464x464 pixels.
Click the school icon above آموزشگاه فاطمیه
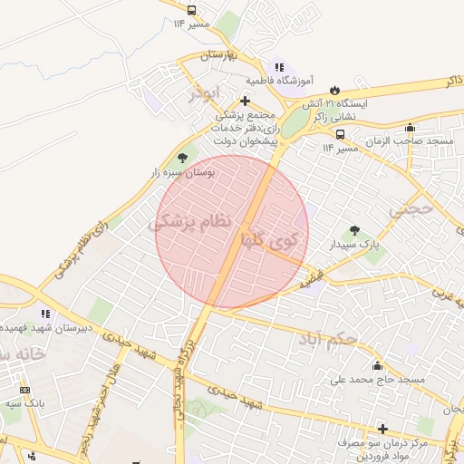(x=279, y=66)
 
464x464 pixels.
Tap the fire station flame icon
(x=336, y=90)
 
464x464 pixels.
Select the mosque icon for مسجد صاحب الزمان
(x=410, y=127)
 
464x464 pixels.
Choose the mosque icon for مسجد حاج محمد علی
(x=378, y=366)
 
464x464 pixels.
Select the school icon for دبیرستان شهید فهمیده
(x=44, y=314)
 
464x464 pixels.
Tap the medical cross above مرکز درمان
(x=382, y=429)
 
